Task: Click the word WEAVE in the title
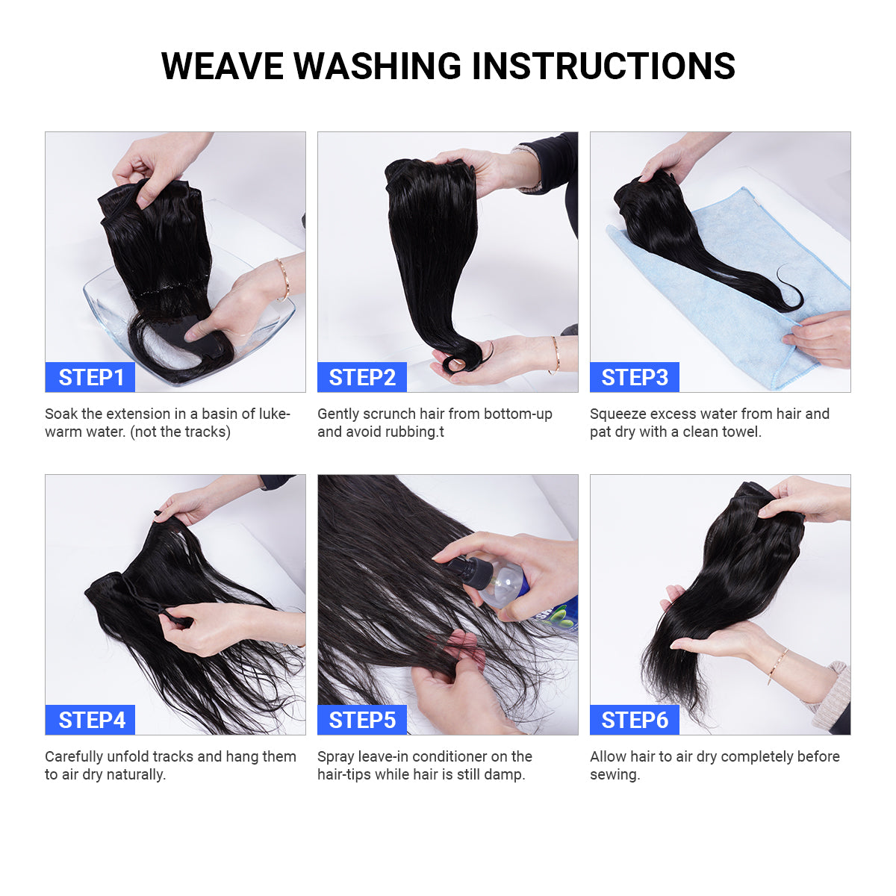pos(223,66)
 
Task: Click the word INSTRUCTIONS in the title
pos(603,66)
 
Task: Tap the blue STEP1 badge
pos(90,377)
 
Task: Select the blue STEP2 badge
pos(361,377)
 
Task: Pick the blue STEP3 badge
pos(634,377)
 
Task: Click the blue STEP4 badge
pos(90,720)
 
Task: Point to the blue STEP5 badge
pos(361,720)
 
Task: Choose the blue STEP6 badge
pos(634,720)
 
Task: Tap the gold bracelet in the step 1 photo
pos(283,279)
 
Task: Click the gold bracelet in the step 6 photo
pos(777,666)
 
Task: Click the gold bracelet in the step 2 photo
pos(556,355)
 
